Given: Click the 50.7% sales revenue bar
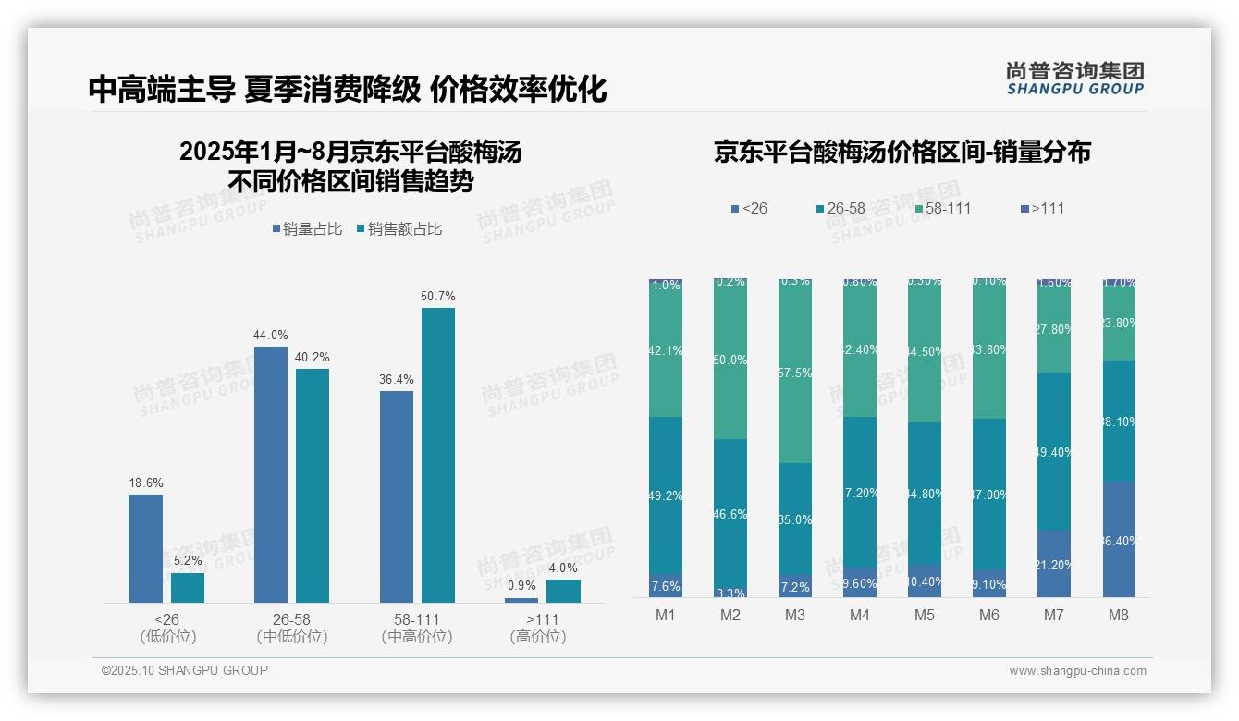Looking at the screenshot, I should point(438,455).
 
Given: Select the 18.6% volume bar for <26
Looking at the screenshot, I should point(145,548).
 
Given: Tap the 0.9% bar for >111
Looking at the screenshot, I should point(521,600).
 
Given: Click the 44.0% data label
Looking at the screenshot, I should point(270,336).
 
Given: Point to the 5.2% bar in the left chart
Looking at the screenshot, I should point(188,588).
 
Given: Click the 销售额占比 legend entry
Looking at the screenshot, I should point(399,228).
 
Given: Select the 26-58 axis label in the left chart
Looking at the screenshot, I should point(291,618).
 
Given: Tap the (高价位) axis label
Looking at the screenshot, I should point(537,637).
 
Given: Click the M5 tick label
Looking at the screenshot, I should point(925,615).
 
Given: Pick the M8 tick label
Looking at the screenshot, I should point(1119,615).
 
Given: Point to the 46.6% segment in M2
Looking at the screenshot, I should point(730,513).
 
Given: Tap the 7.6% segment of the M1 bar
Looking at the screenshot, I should point(666,586).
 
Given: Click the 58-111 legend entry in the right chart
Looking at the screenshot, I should point(942,208).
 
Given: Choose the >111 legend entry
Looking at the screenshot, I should point(1042,208).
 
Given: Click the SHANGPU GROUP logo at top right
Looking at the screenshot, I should point(1075,79).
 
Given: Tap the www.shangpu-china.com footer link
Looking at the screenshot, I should point(1077,671).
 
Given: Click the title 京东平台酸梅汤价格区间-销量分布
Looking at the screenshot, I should point(902,153).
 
